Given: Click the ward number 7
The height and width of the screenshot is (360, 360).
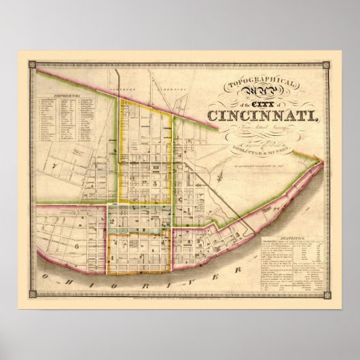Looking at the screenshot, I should click(52, 166).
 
